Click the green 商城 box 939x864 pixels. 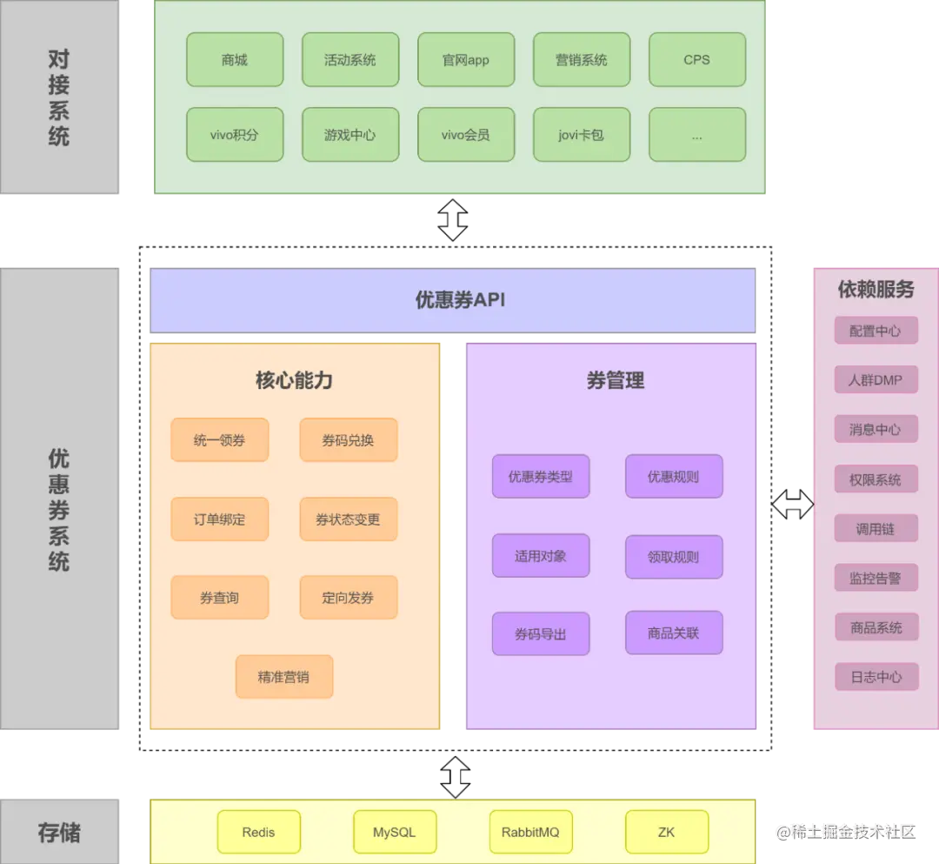[235, 60]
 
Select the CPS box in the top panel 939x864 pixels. [696, 60]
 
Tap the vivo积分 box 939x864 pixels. [235, 135]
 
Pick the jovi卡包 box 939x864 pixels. [581, 135]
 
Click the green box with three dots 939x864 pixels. [696, 135]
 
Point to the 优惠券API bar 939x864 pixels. [453, 300]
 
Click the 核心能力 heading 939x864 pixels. [294, 380]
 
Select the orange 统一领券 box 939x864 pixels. [219, 440]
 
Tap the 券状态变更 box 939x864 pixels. [348, 519]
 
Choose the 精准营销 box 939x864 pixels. [283, 677]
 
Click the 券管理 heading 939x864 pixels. [615, 380]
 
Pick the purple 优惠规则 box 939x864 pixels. [673, 477]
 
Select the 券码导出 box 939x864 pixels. [540, 634]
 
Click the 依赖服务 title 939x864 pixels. [876, 290]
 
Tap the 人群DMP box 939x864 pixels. [876, 380]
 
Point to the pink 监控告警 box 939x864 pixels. [876, 578]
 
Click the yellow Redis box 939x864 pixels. [258, 832]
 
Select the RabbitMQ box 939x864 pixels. [530, 832]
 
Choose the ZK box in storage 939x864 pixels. [666, 832]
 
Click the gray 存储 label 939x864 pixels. [59, 833]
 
